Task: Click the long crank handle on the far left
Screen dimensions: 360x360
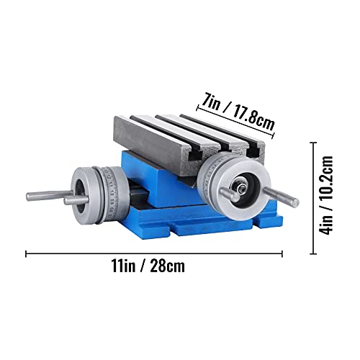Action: (49, 194)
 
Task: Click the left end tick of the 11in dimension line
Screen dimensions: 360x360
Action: (27, 253)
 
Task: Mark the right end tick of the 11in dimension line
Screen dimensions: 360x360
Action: (282, 253)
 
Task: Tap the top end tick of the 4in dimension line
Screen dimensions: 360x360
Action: (314, 142)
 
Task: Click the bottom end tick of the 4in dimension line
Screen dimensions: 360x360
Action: (314, 253)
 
